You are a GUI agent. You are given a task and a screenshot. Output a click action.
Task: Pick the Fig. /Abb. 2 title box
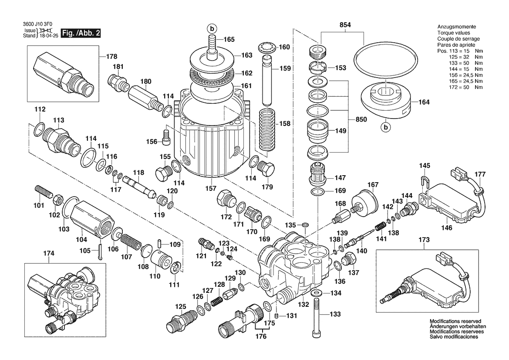[x=81, y=33]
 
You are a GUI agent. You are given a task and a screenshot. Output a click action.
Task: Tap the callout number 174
[x=49, y=253]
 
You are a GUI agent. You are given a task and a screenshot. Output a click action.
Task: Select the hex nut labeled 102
[x=56, y=201]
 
